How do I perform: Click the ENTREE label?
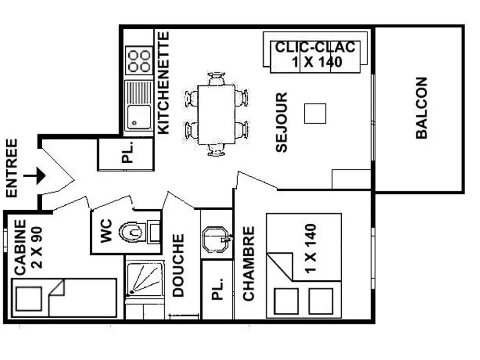click(12, 168)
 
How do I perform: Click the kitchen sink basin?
click(139, 117)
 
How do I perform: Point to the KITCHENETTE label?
click(163, 83)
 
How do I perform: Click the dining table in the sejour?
click(216, 114)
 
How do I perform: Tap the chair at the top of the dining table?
click(216, 78)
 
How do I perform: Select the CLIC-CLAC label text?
click(315, 48)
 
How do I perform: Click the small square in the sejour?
click(315, 114)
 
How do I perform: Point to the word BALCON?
click(421, 108)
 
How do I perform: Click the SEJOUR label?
click(281, 122)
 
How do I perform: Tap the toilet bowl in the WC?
click(131, 232)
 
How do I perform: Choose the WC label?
click(106, 230)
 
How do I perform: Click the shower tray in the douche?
click(144, 279)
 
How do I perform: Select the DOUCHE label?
click(178, 265)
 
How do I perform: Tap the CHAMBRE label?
click(248, 264)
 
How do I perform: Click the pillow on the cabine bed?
click(29, 298)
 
